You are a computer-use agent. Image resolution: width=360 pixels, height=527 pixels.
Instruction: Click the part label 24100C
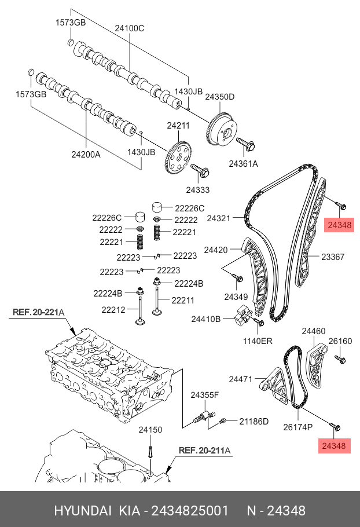(129, 28)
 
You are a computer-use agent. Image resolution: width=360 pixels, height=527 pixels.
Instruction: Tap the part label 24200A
(86, 155)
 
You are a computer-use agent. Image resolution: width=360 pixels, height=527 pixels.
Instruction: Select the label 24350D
(220, 97)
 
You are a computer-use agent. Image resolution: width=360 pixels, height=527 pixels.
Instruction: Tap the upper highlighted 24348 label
(339, 225)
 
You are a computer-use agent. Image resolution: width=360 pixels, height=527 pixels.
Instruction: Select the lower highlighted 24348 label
(335, 445)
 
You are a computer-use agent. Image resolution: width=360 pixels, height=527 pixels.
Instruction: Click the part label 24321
(219, 218)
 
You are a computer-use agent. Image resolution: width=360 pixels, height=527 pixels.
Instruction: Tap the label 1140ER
(258, 341)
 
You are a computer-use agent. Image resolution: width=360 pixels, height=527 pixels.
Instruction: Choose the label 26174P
(297, 427)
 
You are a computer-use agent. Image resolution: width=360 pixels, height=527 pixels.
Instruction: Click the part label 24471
(241, 379)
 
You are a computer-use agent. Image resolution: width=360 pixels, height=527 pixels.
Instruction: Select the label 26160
(340, 342)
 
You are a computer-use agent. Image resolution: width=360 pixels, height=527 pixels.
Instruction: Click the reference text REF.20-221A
(38, 313)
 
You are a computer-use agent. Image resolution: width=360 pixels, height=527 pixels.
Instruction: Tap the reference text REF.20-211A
(204, 449)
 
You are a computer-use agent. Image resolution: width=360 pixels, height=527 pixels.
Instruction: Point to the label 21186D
(254, 421)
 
